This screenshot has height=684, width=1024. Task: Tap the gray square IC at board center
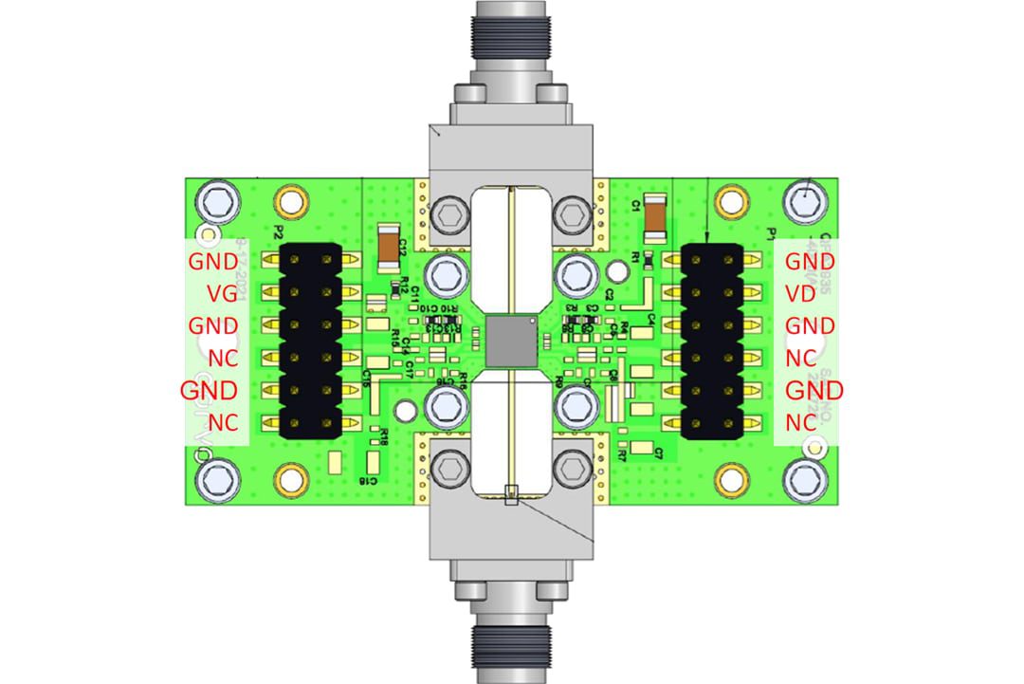[x=512, y=342]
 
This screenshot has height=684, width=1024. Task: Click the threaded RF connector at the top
[x=512, y=38]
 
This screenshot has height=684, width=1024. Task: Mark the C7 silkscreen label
[x=657, y=453]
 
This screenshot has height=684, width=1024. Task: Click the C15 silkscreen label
[x=366, y=377]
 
